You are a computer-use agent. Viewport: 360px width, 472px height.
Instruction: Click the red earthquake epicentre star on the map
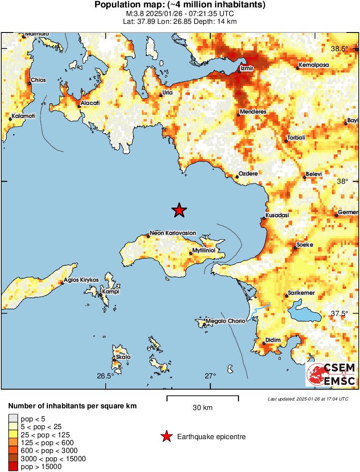(x=179, y=210)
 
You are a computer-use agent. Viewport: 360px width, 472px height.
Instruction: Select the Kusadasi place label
(x=277, y=215)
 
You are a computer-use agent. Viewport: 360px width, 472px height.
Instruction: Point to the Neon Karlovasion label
(x=173, y=233)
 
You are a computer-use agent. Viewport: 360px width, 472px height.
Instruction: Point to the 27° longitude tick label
(x=211, y=376)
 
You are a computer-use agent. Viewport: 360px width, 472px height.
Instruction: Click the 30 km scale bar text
(x=202, y=407)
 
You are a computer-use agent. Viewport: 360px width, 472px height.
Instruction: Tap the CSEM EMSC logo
(x=331, y=374)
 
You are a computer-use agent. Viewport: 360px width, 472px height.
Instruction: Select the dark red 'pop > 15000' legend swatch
(x=13, y=466)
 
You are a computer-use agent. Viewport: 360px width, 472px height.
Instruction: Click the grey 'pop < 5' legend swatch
(x=13, y=419)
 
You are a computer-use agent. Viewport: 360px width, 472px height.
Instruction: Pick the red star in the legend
(x=166, y=437)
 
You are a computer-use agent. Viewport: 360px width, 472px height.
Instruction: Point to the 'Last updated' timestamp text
(x=308, y=398)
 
